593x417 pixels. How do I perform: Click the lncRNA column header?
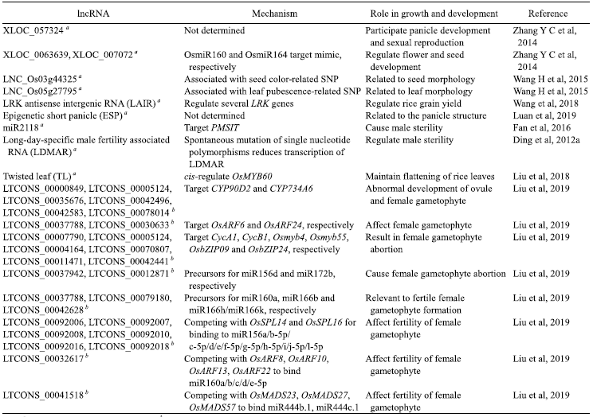(x=93, y=14)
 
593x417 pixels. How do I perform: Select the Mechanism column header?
(x=274, y=14)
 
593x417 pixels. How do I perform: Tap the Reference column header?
(x=548, y=14)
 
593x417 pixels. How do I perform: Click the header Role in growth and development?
(x=434, y=14)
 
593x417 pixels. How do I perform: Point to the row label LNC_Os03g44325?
(x=42, y=80)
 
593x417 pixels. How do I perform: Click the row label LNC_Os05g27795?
(x=42, y=92)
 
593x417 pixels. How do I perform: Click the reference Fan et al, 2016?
(x=541, y=127)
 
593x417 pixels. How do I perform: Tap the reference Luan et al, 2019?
(x=544, y=115)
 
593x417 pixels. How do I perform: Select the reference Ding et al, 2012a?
(x=546, y=140)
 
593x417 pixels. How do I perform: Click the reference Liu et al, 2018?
(x=541, y=177)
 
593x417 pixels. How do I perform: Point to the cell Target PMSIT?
(x=211, y=127)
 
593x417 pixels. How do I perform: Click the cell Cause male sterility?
(x=403, y=127)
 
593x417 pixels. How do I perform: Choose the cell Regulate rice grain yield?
(x=413, y=103)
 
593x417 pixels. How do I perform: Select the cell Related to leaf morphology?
(x=418, y=92)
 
